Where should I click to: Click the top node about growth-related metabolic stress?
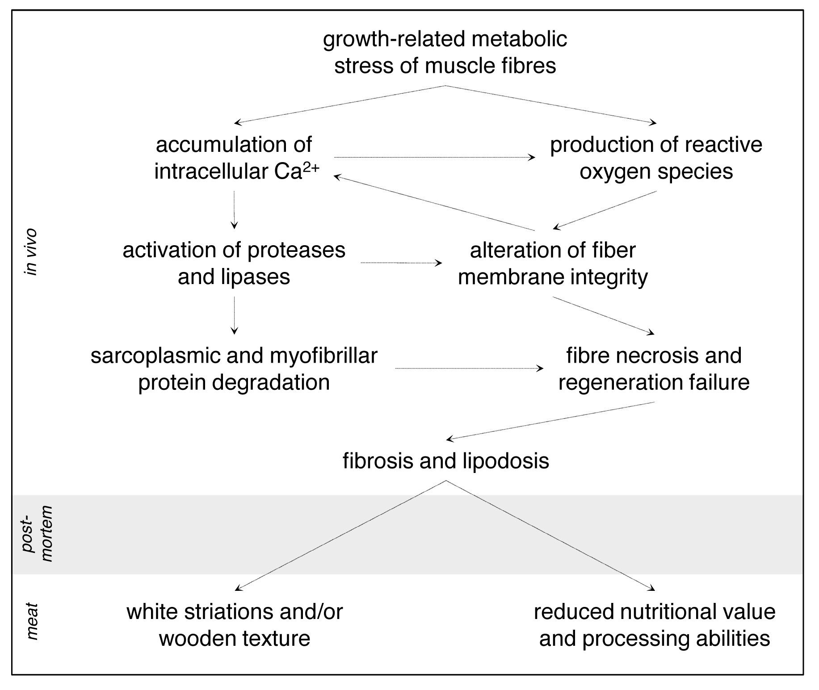445,52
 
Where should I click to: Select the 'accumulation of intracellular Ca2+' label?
234,158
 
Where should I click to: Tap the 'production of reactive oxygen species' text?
656,158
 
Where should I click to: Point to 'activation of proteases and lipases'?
234,263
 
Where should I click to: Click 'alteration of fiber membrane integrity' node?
553,263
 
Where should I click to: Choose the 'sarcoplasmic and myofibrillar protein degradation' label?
234,369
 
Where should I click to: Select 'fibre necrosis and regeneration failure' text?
654,369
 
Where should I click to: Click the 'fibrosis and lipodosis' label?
446,460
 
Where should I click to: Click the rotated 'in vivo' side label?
31,252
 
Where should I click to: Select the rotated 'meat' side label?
31,621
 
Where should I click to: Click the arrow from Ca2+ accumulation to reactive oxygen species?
433,157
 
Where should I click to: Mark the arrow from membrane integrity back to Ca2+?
433,203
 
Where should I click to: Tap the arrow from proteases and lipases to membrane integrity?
401,263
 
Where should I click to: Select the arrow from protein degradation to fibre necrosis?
469,368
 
